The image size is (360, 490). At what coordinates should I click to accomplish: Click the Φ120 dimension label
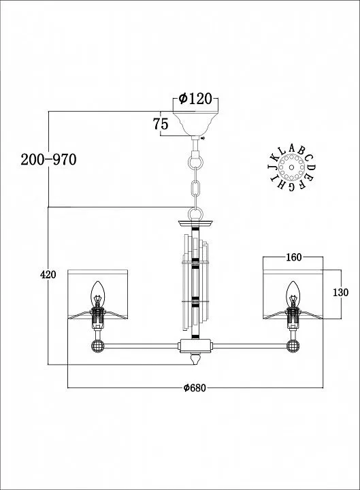point(195,99)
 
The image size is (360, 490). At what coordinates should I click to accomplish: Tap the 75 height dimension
point(161,124)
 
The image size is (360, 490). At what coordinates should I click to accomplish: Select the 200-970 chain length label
point(48,160)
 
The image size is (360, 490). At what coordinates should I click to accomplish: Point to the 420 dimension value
point(48,274)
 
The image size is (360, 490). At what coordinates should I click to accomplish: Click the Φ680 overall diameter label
point(195,388)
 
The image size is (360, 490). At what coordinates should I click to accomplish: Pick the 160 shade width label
point(294,257)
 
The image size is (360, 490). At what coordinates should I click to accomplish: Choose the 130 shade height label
point(340,293)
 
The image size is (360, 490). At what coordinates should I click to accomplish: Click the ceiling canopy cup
point(195,123)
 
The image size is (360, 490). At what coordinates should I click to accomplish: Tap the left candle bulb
point(97,294)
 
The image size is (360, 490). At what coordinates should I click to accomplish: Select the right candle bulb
point(293,294)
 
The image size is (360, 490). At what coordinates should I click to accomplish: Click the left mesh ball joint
point(97,346)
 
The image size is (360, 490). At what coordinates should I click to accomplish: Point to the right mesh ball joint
point(293,346)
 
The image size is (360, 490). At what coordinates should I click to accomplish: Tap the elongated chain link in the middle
point(195,188)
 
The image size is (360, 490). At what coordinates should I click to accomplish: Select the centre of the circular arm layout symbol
point(291,167)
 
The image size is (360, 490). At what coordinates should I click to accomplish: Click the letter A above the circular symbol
point(292,148)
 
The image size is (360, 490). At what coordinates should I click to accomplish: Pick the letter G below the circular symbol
point(292,186)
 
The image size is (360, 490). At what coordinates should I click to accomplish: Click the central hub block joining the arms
point(195,346)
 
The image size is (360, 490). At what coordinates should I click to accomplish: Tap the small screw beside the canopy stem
point(203,138)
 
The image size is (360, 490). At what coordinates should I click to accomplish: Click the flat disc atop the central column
point(195,223)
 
